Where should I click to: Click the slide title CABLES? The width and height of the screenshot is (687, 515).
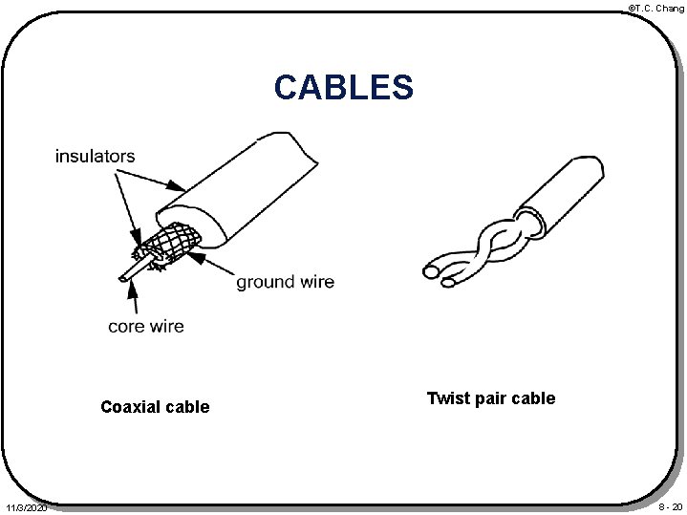coord(343,87)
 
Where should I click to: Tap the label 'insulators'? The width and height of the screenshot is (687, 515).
coord(95,156)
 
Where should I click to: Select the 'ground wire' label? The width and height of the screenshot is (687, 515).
coord(285,282)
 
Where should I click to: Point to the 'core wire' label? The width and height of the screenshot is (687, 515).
coord(145,327)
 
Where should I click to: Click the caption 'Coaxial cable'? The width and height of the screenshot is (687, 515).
coord(155,407)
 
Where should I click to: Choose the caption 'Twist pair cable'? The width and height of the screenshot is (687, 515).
coord(490,398)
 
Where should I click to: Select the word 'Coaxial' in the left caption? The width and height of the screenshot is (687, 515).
coord(131,407)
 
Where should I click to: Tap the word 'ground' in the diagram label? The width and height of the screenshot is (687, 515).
coord(265,282)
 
